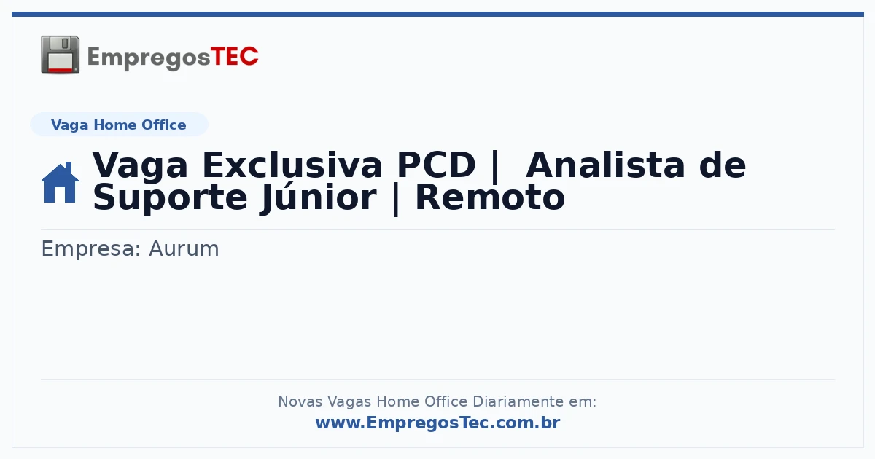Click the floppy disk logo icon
point(60,55)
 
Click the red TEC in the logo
point(234,57)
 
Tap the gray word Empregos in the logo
point(149,58)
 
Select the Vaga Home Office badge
point(119,125)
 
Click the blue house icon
point(60,182)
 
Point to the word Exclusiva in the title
point(292,165)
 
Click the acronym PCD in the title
point(436,165)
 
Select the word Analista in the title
point(605,165)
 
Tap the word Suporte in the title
point(170,199)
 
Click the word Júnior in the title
point(319,197)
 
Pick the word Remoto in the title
point(490,198)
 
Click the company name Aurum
point(184,248)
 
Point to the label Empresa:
point(91,249)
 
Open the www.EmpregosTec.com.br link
point(438,423)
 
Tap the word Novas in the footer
point(300,401)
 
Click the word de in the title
point(723,165)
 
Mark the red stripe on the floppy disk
point(60,70)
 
